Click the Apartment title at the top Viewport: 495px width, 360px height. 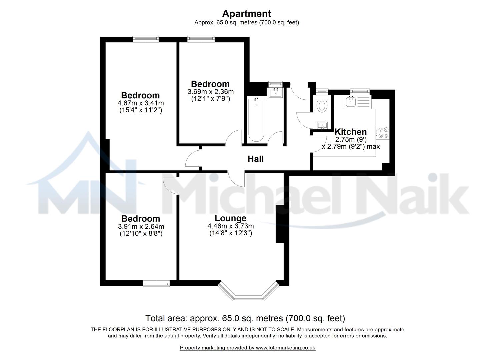coord(246,14)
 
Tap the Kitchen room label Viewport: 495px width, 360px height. coord(350,131)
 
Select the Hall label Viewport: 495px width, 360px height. coord(255,159)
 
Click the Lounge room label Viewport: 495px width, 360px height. coord(230,218)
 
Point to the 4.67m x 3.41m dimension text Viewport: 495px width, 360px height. coord(140,103)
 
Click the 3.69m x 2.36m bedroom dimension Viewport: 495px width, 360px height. coord(210,92)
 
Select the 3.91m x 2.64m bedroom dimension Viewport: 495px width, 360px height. coord(141,226)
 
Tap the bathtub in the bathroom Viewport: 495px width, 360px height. coord(256,120)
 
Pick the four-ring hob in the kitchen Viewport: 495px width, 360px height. coord(382,132)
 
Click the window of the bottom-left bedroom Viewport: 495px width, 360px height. coord(156,283)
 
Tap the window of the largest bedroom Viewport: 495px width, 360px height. coord(145,39)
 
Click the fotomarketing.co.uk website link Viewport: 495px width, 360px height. coord(285,348)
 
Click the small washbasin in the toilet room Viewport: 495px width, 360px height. coord(322,125)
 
